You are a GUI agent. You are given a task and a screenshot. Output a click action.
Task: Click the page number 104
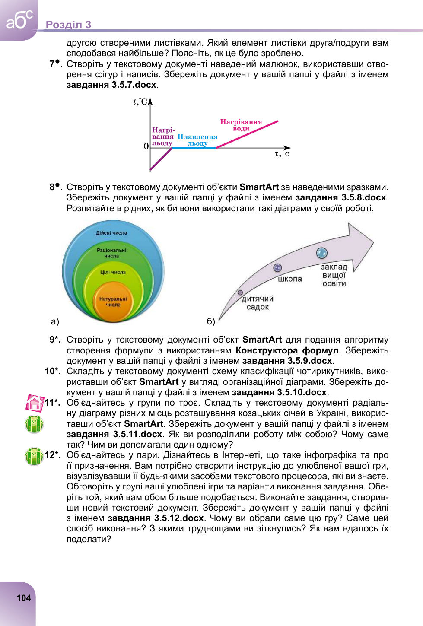point(24,598)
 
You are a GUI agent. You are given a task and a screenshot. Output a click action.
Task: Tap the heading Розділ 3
point(68,25)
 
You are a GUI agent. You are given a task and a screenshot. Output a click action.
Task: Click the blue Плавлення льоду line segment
point(194,148)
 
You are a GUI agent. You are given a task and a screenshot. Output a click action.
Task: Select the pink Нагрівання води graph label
point(241,125)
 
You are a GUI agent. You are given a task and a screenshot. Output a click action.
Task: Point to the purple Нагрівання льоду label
point(163,137)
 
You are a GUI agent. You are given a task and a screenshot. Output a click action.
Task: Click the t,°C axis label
point(140,102)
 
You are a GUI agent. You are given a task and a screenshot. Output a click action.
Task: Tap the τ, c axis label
point(282,154)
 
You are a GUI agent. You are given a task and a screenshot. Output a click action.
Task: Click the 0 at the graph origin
point(146,146)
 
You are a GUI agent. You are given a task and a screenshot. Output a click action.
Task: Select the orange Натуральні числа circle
point(113,302)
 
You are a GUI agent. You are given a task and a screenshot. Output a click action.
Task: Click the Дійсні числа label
point(111,233)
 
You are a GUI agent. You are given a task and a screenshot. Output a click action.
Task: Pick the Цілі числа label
point(113,272)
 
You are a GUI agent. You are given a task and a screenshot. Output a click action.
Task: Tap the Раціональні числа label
point(111,253)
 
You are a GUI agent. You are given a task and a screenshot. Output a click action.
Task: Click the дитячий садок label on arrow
point(258,303)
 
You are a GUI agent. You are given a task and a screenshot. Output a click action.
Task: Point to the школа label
point(290,279)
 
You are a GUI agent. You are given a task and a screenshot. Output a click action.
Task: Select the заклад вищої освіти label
point(334,275)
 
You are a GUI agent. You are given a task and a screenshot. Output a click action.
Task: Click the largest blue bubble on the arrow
point(321,253)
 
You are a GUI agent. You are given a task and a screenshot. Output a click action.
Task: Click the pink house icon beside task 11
point(35,403)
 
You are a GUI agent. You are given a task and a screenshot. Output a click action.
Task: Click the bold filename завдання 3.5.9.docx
point(287,361)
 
